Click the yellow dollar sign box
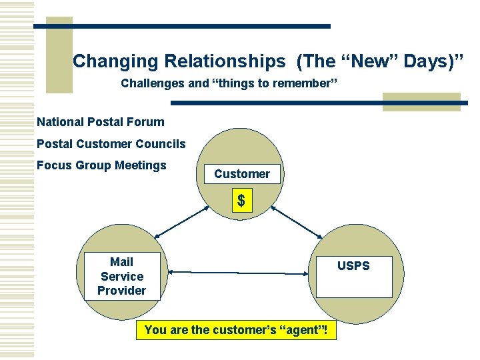pos(242,201)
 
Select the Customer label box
pos(242,174)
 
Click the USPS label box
pos(353,276)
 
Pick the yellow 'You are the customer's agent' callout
pos(236,330)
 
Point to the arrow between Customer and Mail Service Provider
pos(181,222)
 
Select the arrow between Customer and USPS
pos(297,222)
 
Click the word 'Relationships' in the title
pos(224,62)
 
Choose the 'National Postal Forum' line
pos(100,122)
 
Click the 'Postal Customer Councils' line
pos(111,144)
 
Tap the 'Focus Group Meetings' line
pos(101,165)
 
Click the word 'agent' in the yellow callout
pos(301,330)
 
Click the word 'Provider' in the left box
pos(121,291)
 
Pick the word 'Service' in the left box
pos(122,276)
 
